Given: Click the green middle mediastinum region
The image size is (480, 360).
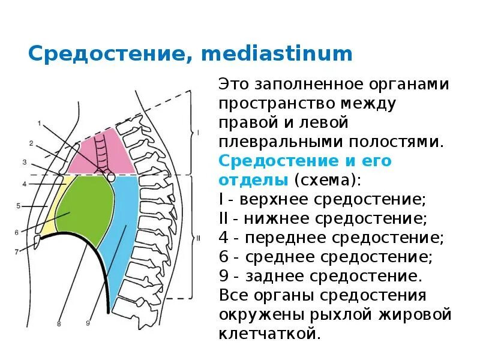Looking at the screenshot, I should pos(87,207).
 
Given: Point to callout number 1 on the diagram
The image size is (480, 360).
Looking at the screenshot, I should pos(39,124).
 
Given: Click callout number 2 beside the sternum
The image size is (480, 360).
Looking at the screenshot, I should pos(31,143).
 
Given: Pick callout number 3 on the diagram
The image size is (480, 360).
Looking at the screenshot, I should pos(25,162).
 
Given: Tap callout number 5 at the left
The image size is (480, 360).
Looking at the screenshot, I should pos(18,206).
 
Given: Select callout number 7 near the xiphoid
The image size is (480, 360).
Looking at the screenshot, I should pos(17,251).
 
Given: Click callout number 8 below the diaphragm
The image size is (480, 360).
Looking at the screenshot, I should pos(59,324).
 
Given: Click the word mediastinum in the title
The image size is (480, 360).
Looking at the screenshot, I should pos(277,54).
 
